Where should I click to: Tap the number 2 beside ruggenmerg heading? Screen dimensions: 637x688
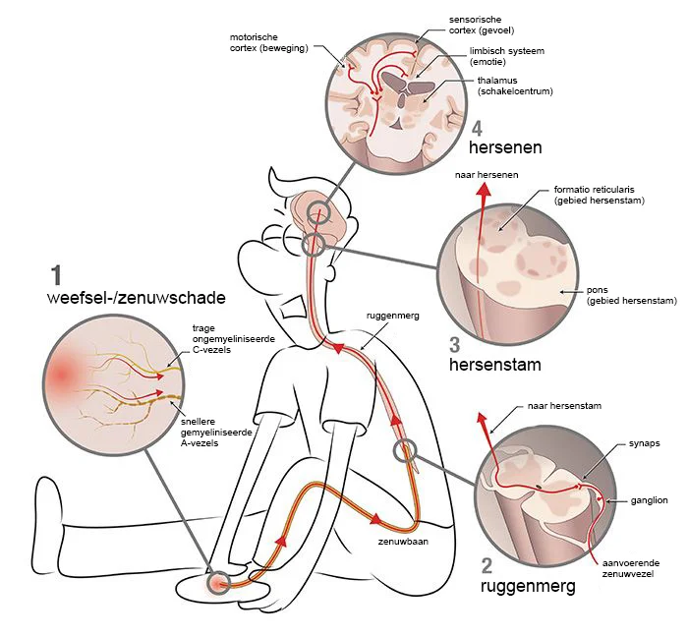pyautogui.click(x=487, y=565)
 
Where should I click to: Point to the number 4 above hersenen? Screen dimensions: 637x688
pyautogui.click(x=477, y=128)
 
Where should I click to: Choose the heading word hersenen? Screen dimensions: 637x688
pyautogui.click(x=507, y=147)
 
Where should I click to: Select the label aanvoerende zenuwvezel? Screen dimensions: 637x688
pyautogui.click(x=633, y=567)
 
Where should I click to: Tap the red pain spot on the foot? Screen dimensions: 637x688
pyautogui.click(x=216, y=584)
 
